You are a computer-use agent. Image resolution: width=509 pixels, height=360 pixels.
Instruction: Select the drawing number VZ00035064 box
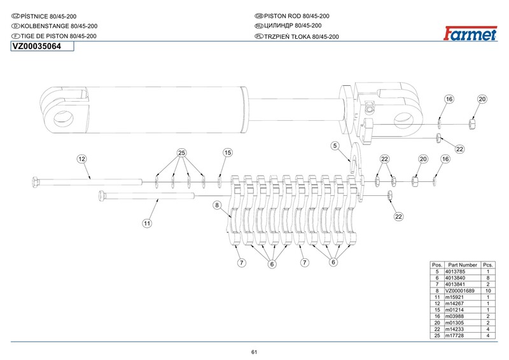click(41, 46)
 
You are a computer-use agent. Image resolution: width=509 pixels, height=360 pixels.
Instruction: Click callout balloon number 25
click(181, 153)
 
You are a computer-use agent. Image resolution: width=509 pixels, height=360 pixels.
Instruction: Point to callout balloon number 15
click(227, 153)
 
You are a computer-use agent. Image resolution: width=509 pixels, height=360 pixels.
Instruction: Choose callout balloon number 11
click(146, 223)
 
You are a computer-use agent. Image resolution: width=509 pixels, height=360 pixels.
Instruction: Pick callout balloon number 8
click(216, 205)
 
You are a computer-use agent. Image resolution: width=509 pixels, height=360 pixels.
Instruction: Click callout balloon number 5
click(334, 146)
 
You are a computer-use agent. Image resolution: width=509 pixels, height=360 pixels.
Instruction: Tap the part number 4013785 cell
click(463, 271)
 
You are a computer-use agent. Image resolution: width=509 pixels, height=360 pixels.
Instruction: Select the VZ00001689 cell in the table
click(463, 290)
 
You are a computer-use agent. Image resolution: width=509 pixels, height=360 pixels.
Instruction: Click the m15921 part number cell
click(463, 296)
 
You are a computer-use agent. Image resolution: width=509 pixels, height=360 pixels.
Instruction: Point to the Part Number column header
click(463, 265)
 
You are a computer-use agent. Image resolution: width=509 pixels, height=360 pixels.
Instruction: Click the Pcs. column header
click(488, 265)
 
